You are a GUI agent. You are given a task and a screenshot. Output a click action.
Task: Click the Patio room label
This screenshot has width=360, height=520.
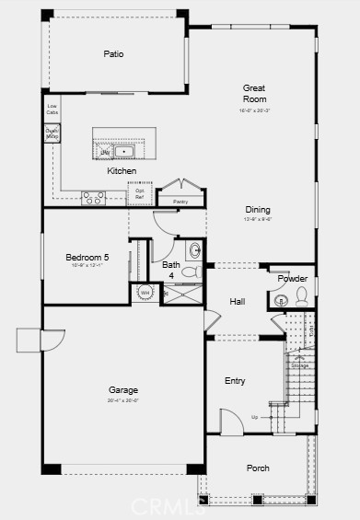click(x=112, y=53)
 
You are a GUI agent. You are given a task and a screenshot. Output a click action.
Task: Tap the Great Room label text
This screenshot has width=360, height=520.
click(x=254, y=93)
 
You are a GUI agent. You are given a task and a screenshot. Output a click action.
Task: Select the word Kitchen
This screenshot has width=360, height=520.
click(x=122, y=171)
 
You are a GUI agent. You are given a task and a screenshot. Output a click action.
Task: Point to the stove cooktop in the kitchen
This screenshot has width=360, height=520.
click(x=93, y=195)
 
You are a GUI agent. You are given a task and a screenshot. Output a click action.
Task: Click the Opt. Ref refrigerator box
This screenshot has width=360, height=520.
click(x=140, y=194)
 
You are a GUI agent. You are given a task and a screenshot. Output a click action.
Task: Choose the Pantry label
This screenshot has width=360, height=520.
click(x=180, y=201)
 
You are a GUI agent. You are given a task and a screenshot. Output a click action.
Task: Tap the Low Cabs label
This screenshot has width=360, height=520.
click(x=52, y=110)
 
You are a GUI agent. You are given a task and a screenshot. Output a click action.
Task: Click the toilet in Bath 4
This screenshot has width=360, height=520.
click(x=191, y=272)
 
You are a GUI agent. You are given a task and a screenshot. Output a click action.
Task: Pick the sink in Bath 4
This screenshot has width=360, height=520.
click(x=195, y=250)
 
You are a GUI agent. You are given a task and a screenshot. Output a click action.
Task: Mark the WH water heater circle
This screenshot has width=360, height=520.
click(x=145, y=293)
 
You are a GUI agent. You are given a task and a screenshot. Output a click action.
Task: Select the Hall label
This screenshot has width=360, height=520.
click(x=238, y=301)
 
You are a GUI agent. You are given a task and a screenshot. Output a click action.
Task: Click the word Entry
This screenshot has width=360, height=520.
click(x=236, y=380)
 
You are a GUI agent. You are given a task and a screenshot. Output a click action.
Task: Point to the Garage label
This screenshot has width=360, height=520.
click(x=123, y=389)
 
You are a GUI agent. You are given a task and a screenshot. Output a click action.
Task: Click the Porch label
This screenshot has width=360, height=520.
click(x=258, y=468)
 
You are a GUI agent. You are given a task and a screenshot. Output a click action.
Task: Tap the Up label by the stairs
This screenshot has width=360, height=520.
click(x=255, y=417)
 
